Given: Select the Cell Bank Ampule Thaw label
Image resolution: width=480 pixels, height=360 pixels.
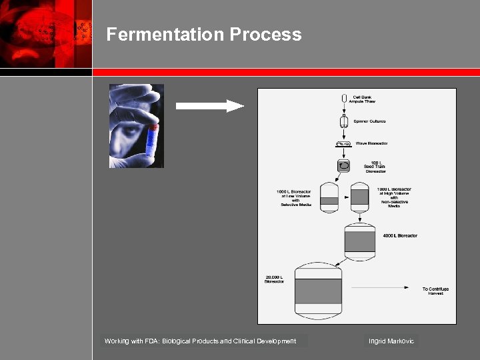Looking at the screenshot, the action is [363, 99].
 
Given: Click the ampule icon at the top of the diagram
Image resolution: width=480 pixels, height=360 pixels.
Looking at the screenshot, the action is [344, 101].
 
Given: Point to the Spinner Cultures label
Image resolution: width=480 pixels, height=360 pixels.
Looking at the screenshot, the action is [369, 121].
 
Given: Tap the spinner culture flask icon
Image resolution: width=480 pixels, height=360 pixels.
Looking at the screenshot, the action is [344, 121].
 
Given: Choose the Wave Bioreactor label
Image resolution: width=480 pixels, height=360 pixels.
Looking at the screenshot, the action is [371, 143].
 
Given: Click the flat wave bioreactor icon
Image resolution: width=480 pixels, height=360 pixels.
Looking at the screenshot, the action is [344, 143].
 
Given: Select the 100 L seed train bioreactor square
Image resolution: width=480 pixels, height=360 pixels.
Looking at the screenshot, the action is [344, 165].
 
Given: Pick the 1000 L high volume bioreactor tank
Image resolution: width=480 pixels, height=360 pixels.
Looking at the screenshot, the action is [359, 197].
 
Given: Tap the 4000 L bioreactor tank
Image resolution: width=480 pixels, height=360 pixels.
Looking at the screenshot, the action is [360, 239].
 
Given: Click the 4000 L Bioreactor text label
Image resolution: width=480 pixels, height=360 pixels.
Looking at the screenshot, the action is [400, 235].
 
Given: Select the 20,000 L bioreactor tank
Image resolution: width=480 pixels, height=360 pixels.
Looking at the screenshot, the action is [319, 290].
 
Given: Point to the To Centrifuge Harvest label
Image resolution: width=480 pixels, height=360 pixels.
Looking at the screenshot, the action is [435, 291].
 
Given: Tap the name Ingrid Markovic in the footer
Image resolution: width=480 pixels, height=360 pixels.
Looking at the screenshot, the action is [391, 341].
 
